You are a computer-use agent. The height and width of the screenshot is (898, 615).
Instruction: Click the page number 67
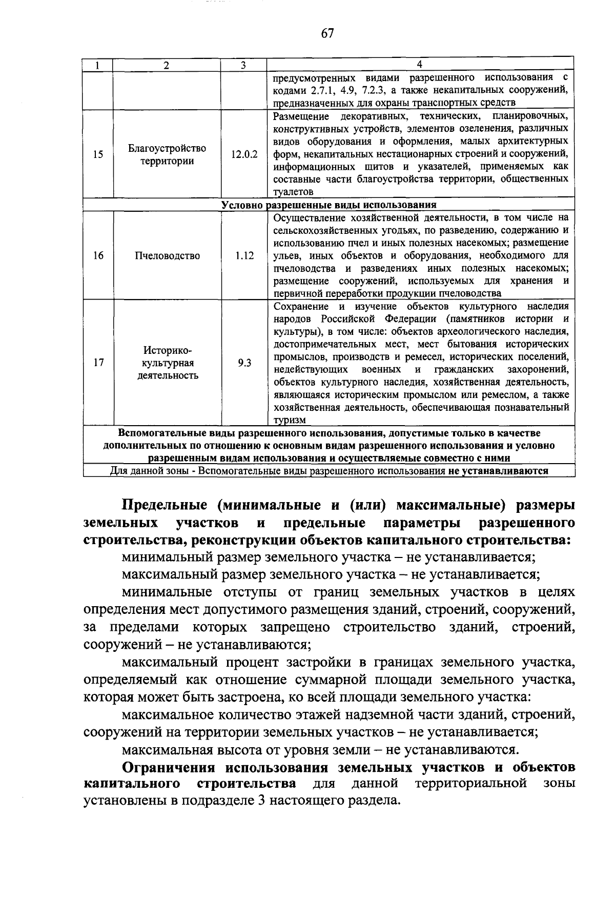click(327, 33)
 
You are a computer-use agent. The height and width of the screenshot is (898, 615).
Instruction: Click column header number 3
click(243, 65)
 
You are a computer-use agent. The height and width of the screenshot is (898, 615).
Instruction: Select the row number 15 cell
click(98, 154)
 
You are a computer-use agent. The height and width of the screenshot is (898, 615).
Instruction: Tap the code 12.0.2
click(244, 154)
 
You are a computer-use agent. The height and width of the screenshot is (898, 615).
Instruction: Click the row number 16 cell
click(98, 255)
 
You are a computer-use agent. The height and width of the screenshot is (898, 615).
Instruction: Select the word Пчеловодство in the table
click(167, 255)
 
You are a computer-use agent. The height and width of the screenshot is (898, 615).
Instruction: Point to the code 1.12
click(244, 255)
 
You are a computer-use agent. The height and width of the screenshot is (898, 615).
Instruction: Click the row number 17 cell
click(99, 363)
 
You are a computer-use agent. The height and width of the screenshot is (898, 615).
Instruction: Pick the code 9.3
click(244, 363)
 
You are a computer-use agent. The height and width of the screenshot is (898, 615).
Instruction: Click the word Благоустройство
click(167, 148)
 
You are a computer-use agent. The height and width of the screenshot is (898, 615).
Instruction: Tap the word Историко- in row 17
click(167, 350)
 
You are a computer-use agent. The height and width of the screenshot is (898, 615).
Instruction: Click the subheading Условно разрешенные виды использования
click(329, 205)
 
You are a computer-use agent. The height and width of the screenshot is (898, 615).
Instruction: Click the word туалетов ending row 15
click(293, 192)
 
